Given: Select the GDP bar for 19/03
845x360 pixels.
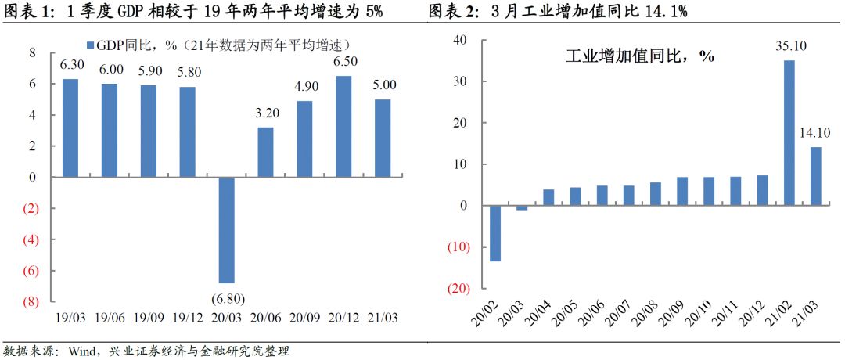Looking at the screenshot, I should [x=70, y=128].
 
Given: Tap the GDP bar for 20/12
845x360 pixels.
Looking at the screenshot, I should [x=343, y=127].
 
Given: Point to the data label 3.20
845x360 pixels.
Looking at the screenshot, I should [x=265, y=114].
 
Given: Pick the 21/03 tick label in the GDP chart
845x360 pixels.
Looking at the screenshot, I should [x=382, y=319].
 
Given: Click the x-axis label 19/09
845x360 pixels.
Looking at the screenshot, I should [x=149, y=319].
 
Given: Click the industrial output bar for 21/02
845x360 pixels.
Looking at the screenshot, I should [x=789, y=133].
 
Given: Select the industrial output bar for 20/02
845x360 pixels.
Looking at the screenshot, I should [x=495, y=233].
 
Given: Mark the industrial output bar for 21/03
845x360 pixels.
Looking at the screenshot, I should [x=815, y=176].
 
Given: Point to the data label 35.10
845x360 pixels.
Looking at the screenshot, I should [x=789, y=48].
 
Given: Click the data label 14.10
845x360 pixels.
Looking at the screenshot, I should [x=816, y=135].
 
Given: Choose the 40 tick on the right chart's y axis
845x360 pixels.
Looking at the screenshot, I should [x=460, y=41].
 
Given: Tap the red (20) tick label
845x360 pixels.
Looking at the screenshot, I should [x=458, y=289].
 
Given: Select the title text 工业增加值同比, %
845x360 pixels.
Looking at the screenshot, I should [x=638, y=56].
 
